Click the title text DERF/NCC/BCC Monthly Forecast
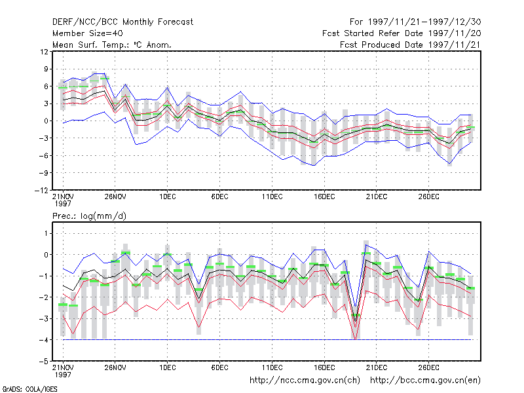point(122,22)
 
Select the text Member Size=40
point(88,33)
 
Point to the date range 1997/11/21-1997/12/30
point(415,22)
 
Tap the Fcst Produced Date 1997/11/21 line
point(410,45)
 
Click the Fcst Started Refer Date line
point(402,33)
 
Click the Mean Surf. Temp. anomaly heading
point(112,45)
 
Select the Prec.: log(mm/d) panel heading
point(89,216)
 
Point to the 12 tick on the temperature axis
point(44,52)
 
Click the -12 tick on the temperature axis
point(41,191)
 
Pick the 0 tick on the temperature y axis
point(46,121)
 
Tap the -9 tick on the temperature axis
point(44,173)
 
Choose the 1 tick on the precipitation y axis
point(46,233)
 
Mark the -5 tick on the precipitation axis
point(44,362)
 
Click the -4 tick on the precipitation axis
point(44,340)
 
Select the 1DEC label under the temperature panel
point(168,197)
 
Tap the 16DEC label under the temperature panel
point(324,197)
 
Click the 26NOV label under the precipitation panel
point(115,367)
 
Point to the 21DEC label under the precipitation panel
point(376,367)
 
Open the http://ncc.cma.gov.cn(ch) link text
point(305,381)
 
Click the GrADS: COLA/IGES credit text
point(29,389)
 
